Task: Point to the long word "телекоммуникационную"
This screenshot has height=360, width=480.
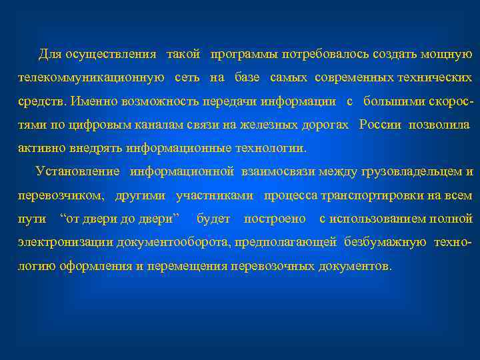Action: [x=91, y=78]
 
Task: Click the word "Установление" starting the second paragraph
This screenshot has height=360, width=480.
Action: [x=78, y=172]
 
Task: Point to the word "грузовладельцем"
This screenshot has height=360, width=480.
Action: [x=411, y=172]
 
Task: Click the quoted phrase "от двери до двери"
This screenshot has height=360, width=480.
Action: [x=120, y=219]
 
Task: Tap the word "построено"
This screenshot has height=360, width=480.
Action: [x=275, y=219]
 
